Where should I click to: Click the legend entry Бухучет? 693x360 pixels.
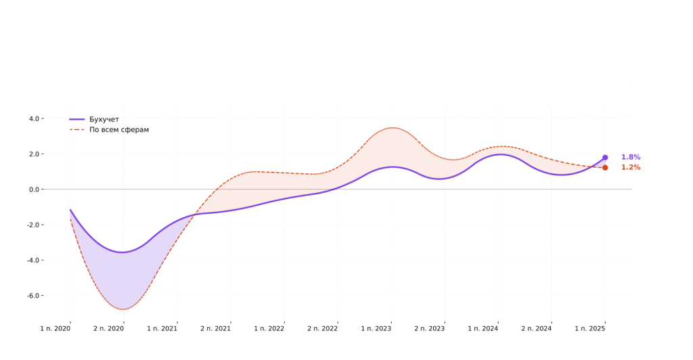[x=104, y=119]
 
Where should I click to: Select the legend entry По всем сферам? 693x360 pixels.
[x=118, y=129]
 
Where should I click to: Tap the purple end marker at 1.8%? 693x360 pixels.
[x=605, y=158]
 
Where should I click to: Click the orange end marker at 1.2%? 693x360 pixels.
[x=605, y=168]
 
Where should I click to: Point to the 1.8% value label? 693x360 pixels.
[x=631, y=157]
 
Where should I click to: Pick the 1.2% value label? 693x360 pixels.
[x=631, y=168]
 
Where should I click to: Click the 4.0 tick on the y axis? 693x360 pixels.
[x=34, y=118]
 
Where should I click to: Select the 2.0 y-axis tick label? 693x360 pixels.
[x=34, y=154]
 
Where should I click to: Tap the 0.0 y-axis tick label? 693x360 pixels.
[x=34, y=189]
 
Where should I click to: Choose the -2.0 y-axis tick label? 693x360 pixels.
[x=32, y=225]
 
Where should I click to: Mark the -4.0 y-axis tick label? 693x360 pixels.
[x=32, y=261]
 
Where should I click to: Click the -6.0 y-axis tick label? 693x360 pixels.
[x=32, y=296]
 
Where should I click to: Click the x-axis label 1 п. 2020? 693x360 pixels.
[x=55, y=329]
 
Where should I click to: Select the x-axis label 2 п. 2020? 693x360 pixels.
[x=109, y=329]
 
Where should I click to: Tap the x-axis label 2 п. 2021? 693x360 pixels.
[x=216, y=329]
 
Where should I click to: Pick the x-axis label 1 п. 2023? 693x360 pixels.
[x=376, y=329]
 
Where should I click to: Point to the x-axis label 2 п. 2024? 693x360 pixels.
[x=537, y=329]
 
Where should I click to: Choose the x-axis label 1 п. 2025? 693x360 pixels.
[x=590, y=329]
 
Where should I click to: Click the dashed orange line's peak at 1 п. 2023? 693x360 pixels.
[x=391, y=128]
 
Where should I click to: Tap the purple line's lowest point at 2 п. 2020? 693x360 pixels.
[x=123, y=252]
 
